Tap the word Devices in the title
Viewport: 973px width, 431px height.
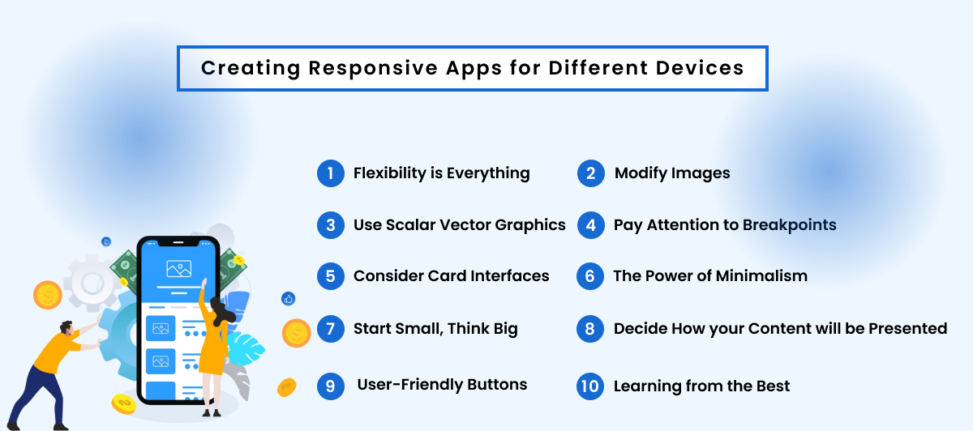tap(701, 67)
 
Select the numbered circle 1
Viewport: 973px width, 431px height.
tap(330, 173)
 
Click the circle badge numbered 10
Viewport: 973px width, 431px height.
tap(590, 386)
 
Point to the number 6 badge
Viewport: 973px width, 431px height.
tap(590, 276)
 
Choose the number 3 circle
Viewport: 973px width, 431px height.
tap(330, 225)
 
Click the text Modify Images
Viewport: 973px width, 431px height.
tap(672, 173)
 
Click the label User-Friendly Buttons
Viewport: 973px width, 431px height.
tap(442, 385)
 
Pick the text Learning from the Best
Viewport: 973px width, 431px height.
tap(701, 386)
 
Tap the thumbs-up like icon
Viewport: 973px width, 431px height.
tap(289, 299)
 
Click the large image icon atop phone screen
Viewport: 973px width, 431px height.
tap(178, 268)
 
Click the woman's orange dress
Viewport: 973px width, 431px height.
tap(212, 349)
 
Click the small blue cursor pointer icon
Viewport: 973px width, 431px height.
tap(106, 241)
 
